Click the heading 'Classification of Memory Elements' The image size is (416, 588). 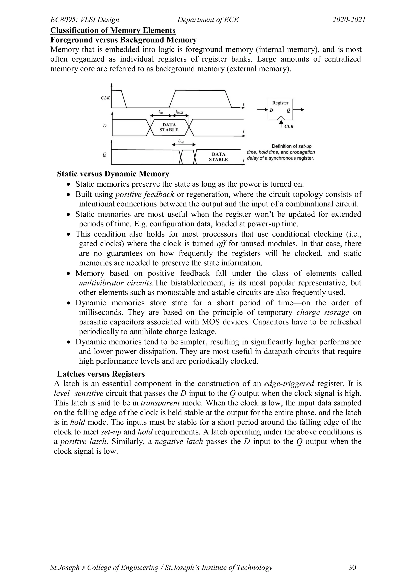point(113,30)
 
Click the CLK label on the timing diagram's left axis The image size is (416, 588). point(105,98)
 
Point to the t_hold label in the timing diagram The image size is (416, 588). point(179,112)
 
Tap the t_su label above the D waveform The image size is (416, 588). point(161,112)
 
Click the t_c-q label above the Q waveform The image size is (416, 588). point(181,141)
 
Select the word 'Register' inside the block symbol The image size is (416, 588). point(280,103)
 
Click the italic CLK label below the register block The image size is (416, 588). point(289,126)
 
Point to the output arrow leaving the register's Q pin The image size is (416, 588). point(299,110)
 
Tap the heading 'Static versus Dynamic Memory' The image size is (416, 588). point(113,174)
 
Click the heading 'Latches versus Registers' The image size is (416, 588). point(101,374)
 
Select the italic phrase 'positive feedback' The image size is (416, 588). point(145,194)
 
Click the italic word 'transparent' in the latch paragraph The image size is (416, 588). point(160,403)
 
